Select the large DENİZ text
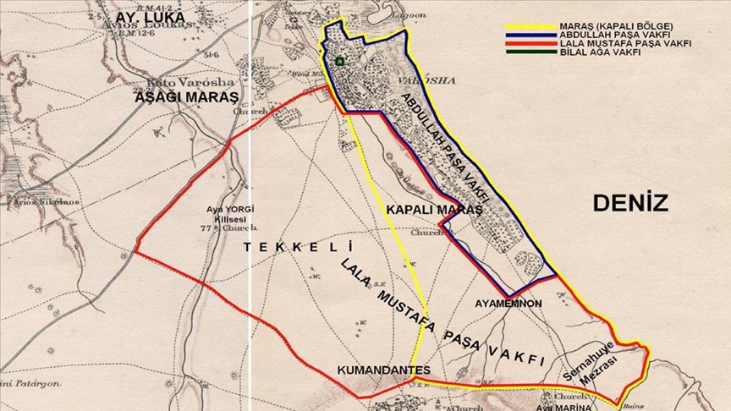[630, 202]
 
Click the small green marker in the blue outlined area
[339, 61]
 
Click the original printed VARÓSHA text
[435, 80]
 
